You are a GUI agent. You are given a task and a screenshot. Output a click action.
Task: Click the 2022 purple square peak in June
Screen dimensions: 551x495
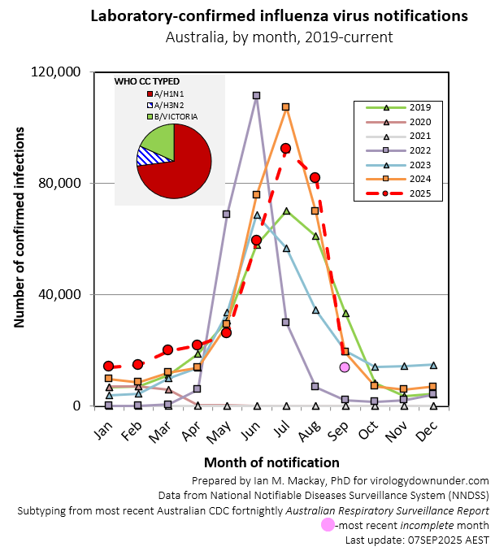pos(256,95)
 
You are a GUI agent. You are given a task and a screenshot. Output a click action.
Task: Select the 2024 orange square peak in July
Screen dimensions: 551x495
pos(285,106)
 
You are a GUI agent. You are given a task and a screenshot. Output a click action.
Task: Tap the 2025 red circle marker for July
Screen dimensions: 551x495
pos(285,148)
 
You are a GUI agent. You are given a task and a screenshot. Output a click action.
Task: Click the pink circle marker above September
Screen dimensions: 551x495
pos(345,367)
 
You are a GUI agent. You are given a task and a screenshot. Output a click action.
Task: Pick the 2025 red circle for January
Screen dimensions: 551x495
pos(108,367)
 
